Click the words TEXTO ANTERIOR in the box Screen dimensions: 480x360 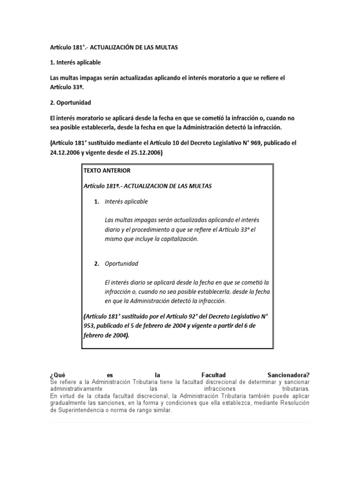pos(107,170)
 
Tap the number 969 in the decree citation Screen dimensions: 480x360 pos(249,142)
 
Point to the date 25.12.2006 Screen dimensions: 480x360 pos(145,152)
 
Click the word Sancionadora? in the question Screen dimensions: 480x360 pos(288,375)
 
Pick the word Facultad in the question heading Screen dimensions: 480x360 pos(213,375)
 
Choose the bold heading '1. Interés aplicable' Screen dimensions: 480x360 pos(75,62)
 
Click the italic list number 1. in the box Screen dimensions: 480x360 pos(96,202)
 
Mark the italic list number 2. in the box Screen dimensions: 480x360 pos(96,263)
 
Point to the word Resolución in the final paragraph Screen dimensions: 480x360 pos(292,403)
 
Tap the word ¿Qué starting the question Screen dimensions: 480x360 pos(57,375)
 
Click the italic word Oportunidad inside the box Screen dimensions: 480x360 pos(121,263)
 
